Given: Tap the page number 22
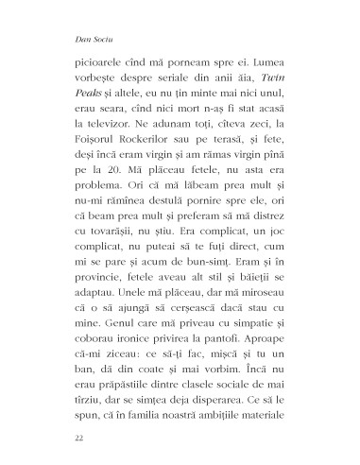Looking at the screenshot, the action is tap(64, 439).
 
